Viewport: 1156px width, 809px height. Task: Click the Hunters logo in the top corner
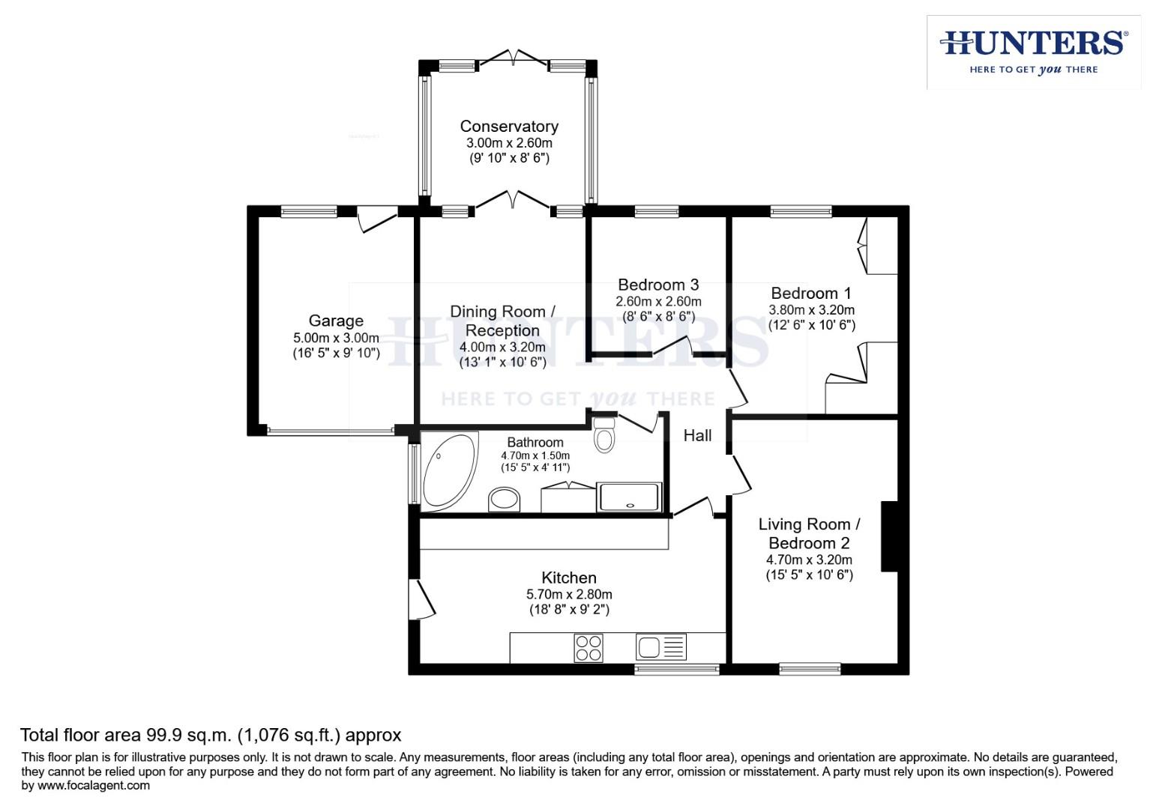point(1033,51)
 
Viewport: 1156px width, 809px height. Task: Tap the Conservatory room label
point(509,126)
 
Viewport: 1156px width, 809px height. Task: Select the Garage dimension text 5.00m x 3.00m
point(336,338)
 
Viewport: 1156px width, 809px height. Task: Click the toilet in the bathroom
point(604,434)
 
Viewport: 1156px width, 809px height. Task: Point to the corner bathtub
point(448,470)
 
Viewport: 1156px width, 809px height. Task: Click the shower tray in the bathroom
point(630,497)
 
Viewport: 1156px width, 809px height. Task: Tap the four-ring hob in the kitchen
point(588,648)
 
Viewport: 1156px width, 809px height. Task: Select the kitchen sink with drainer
point(660,647)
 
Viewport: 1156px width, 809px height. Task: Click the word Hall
point(697,435)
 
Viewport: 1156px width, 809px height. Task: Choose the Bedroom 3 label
point(658,285)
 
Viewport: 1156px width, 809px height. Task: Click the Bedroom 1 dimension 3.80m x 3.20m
point(811,309)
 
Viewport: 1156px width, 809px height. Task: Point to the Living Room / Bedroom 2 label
point(809,533)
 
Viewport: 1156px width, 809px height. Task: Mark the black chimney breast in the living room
point(889,536)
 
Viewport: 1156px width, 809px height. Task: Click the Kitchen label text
point(569,578)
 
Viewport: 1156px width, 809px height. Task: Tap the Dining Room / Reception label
point(502,321)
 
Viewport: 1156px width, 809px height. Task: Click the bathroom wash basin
point(505,499)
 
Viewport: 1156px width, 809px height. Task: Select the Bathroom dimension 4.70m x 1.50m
point(535,455)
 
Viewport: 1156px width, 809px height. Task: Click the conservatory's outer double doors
point(514,58)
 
